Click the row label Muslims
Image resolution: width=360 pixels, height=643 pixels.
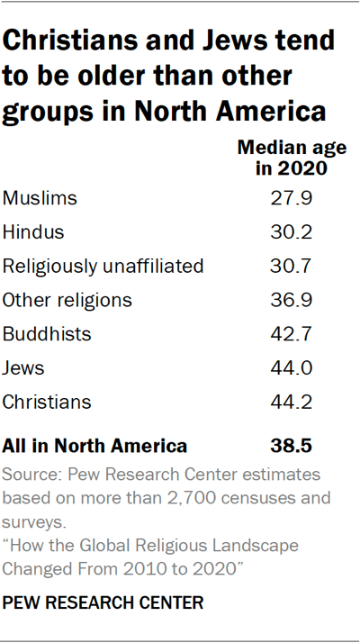pos(40,197)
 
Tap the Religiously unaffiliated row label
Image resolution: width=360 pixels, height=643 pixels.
pos(103,266)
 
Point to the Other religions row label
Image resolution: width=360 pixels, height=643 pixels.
pos(67,300)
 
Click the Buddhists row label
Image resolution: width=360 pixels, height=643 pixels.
pos(48,334)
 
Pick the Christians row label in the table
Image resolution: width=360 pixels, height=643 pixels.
pos(48,403)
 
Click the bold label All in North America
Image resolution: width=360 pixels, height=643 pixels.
pos(95,445)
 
